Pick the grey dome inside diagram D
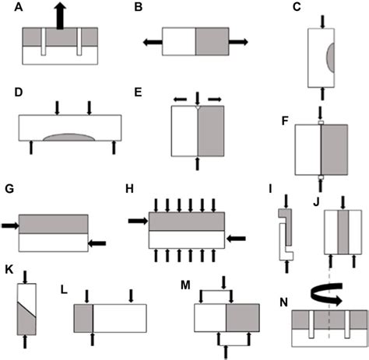pyautogui.click(x=71, y=137)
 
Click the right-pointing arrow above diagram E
pyautogui.click(x=213, y=99)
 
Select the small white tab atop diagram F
pyautogui.click(x=320, y=123)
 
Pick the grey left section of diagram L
pyautogui.click(x=83, y=319)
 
